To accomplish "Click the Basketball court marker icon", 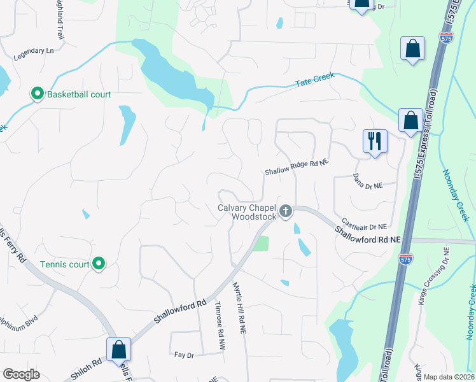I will coord(38,95).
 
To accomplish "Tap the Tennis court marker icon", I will coord(98,263).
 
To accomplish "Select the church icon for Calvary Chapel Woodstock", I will coord(286,211).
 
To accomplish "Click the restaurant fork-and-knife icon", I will coord(375,140).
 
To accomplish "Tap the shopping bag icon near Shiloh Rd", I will coord(118,349).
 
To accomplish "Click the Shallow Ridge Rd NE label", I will coord(297,167).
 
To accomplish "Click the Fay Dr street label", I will coord(183,355).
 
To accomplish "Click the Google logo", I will coord(21,374).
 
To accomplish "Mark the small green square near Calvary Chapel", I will coord(262,243).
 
